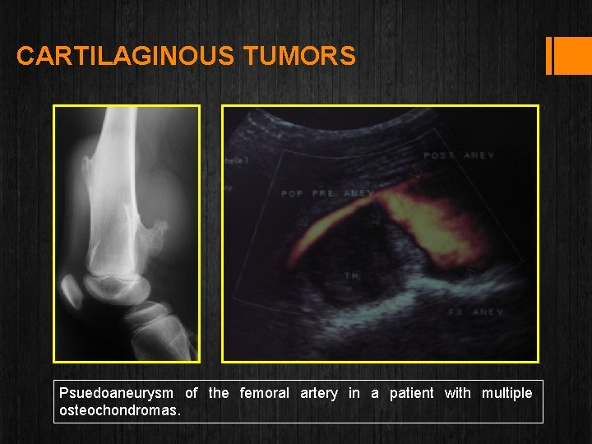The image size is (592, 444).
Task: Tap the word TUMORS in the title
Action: coord(300,56)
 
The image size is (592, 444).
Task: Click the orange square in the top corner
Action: coord(573,56)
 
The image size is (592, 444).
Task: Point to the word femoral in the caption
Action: coord(264,393)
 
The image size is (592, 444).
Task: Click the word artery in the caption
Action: coord(319,393)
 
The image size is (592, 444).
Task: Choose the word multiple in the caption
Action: coord(506,393)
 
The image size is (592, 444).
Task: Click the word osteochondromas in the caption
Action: coord(119,409)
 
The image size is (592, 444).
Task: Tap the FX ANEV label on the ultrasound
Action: coord(475,312)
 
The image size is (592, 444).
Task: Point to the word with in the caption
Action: coord(457,393)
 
